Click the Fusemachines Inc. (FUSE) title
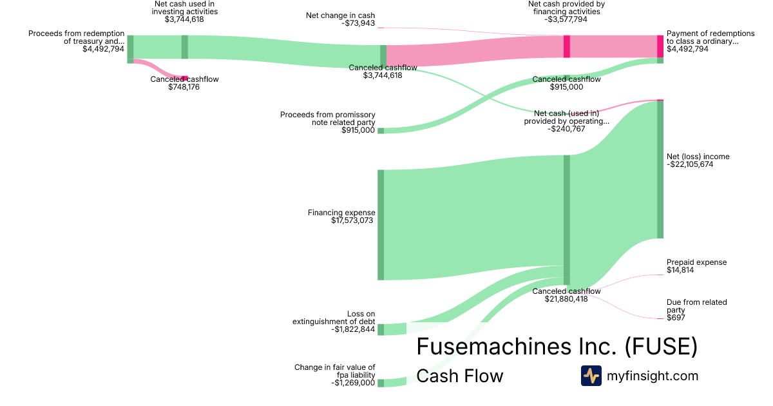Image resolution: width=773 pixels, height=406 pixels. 557,347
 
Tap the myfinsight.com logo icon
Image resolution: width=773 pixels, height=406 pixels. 591,376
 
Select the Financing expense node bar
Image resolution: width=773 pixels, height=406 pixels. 381,225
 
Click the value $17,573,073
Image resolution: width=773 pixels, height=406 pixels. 352,220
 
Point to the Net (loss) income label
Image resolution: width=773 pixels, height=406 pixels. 698,157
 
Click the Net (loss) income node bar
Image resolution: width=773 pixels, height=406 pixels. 660,169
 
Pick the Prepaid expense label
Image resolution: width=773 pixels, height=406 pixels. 696,262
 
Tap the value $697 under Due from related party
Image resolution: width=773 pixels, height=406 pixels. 675,318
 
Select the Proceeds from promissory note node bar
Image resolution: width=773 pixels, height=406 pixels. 381,130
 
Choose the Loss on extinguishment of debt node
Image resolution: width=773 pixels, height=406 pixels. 381,329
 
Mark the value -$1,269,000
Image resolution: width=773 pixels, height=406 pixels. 353,383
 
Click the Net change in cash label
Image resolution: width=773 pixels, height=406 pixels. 340,15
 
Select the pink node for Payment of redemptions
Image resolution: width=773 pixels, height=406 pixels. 660,46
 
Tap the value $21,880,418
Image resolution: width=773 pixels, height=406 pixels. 566,299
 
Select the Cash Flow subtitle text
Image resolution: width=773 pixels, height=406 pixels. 459,376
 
